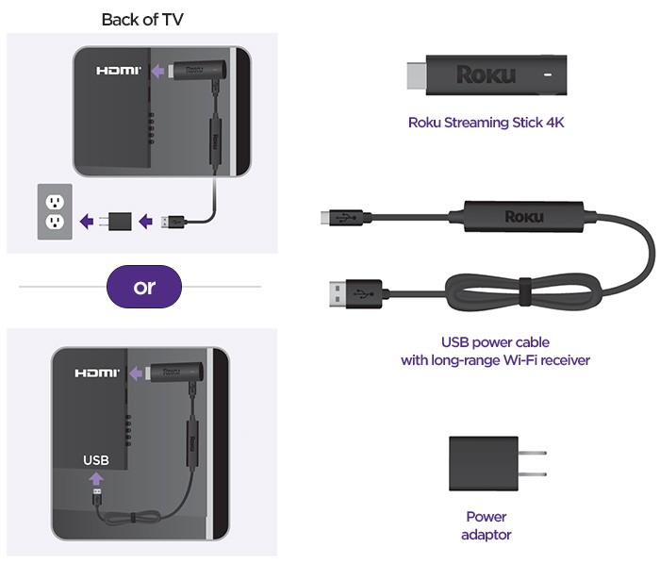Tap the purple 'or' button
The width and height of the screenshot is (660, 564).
pyautogui.click(x=144, y=286)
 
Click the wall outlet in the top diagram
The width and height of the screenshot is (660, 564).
pyautogui.click(x=54, y=210)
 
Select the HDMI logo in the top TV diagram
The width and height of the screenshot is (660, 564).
pyautogui.click(x=119, y=71)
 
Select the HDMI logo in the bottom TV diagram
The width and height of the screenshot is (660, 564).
pyautogui.click(x=98, y=373)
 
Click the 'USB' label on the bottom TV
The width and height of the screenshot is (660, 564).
pyautogui.click(x=97, y=460)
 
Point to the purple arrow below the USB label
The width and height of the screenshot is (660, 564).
pyautogui.click(x=96, y=479)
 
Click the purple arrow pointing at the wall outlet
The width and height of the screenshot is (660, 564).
pyautogui.click(x=87, y=223)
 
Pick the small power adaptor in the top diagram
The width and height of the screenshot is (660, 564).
pyautogui.click(x=118, y=223)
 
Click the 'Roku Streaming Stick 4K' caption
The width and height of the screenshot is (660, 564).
pyautogui.click(x=486, y=122)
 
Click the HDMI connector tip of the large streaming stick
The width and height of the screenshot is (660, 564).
pyautogui.click(x=415, y=73)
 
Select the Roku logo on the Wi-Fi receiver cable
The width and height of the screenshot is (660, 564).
pyautogui.click(x=523, y=217)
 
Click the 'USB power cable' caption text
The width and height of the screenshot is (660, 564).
pyautogui.click(x=495, y=342)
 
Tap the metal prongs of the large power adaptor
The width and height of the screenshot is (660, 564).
pyautogui.click(x=532, y=462)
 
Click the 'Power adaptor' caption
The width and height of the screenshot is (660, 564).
pyautogui.click(x=486, y=525)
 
